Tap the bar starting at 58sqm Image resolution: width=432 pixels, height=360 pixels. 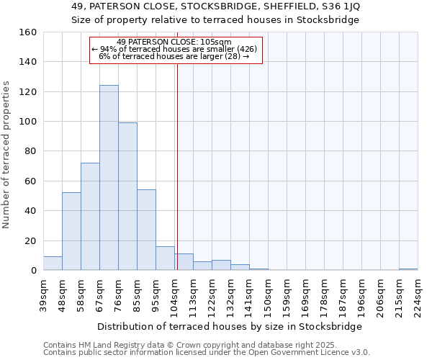point(90,217)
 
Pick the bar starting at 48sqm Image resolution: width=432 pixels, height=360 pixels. point(71,231)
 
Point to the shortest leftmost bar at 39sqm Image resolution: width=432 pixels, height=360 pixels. point(53,264)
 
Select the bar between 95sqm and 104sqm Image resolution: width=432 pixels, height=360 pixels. point(165,258)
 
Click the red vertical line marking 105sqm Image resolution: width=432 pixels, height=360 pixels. point(177,166)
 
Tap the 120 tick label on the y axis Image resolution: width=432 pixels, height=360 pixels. point(28,92)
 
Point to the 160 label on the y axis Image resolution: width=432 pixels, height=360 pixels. point(28,32)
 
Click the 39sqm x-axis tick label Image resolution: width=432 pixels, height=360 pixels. point(43,294)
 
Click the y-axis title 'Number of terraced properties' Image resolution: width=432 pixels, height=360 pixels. point(7,155)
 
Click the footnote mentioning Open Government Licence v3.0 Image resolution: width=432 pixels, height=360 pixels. point(207,352)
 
